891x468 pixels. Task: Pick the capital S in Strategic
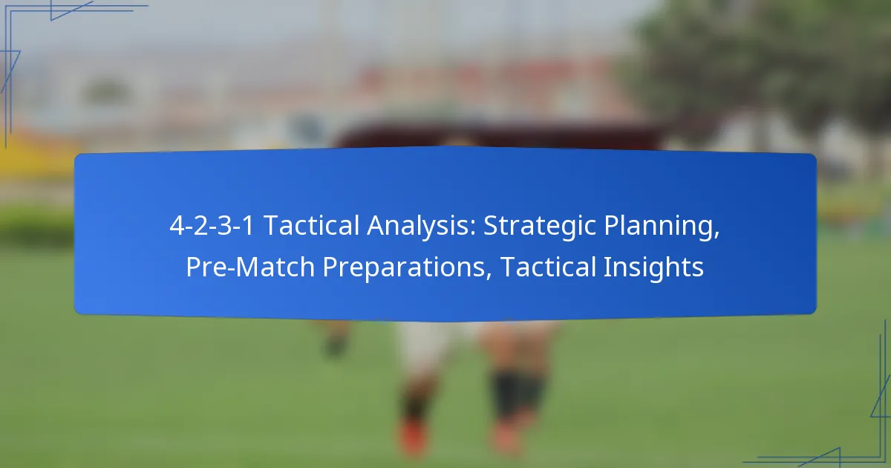491,227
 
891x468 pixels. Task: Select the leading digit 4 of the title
176,227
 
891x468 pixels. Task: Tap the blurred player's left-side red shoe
413,438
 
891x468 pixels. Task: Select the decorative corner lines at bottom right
854,438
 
